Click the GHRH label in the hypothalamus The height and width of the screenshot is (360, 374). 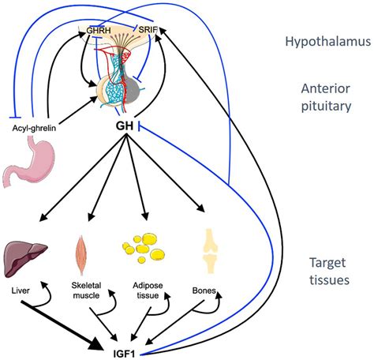99,30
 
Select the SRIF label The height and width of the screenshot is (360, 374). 148,29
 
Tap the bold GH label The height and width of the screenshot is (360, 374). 125,126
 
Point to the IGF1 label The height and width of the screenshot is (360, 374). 124,354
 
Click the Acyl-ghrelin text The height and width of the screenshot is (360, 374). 34,128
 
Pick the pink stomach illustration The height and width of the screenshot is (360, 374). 28,163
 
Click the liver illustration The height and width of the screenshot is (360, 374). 25,259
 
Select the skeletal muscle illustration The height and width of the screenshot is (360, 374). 81,255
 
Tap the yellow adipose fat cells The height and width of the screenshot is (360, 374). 144,248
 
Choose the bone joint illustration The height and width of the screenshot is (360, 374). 210,251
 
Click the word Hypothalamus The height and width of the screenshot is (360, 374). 328,42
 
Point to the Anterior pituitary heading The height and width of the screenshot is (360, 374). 326,97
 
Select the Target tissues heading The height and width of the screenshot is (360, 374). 329,271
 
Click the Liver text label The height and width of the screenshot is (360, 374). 21,291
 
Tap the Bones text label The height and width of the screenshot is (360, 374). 204,291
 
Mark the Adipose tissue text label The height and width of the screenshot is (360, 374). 148,291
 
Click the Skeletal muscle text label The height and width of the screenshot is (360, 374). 86,291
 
